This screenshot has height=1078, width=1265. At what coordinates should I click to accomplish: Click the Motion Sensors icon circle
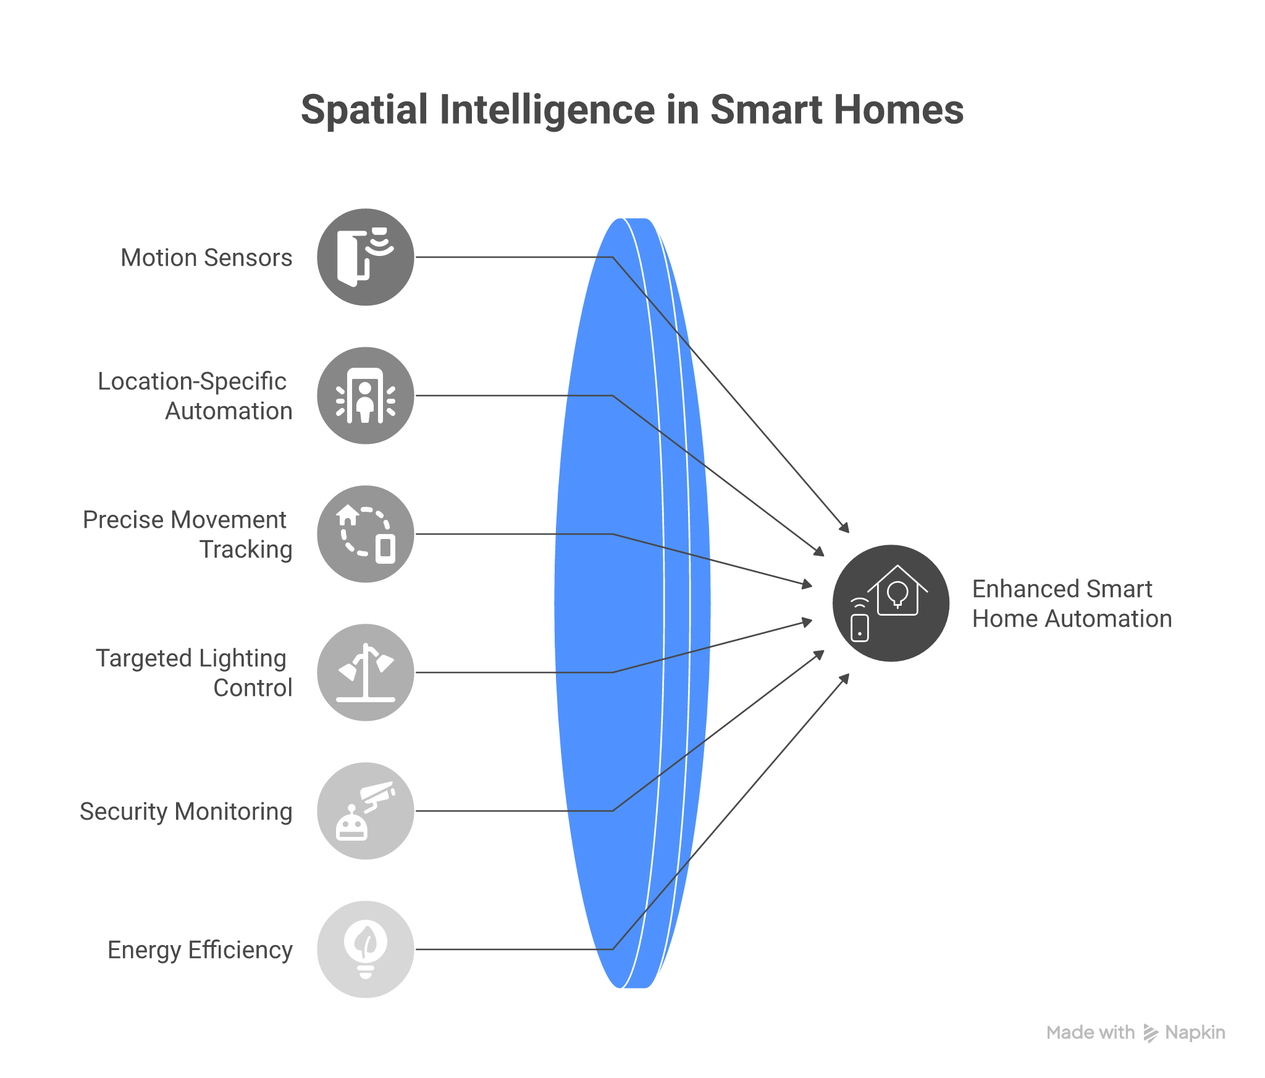pos(365,257)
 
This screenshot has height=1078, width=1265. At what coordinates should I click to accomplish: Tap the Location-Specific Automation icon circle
pos(365,396)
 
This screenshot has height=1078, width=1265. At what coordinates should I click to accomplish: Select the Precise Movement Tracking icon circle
pos(365,534)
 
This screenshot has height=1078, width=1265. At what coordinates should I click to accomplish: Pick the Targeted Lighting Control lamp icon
pos(365,673)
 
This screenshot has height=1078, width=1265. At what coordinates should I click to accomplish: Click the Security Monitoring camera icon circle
pos(365,811)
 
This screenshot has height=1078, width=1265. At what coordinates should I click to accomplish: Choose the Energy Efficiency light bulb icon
pos(365,949)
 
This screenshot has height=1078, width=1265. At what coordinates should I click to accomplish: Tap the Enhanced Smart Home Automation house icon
pos(891,603)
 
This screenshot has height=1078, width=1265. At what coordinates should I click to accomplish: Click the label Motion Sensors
pos(206,258)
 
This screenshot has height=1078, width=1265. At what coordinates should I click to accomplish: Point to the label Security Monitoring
pos(186,812)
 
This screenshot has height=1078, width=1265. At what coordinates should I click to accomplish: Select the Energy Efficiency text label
pos(200,950)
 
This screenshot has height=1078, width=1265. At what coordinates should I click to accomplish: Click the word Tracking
pos(246,550)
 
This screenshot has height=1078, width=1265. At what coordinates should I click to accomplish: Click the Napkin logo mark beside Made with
pos(1150,1033)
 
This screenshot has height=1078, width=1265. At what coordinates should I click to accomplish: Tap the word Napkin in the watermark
pos(1195,1033)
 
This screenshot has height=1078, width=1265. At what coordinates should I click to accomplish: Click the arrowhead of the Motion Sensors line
pos(845,527)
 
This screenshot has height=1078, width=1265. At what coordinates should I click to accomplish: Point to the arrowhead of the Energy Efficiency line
pos(845,679)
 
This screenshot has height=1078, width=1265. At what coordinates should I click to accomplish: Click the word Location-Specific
pos(192,381)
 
